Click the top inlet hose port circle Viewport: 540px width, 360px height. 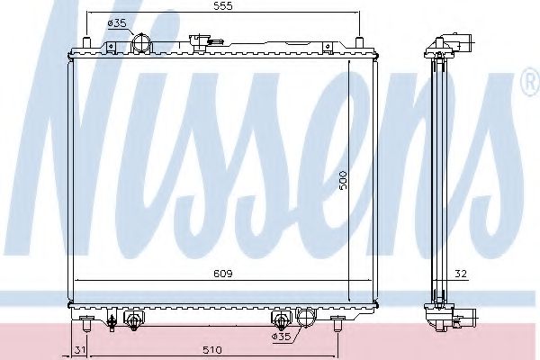(141, 43)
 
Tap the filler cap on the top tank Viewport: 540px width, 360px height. (205, 39)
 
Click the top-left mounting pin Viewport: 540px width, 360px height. (85, 44)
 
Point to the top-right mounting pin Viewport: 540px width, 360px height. (359, 44)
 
